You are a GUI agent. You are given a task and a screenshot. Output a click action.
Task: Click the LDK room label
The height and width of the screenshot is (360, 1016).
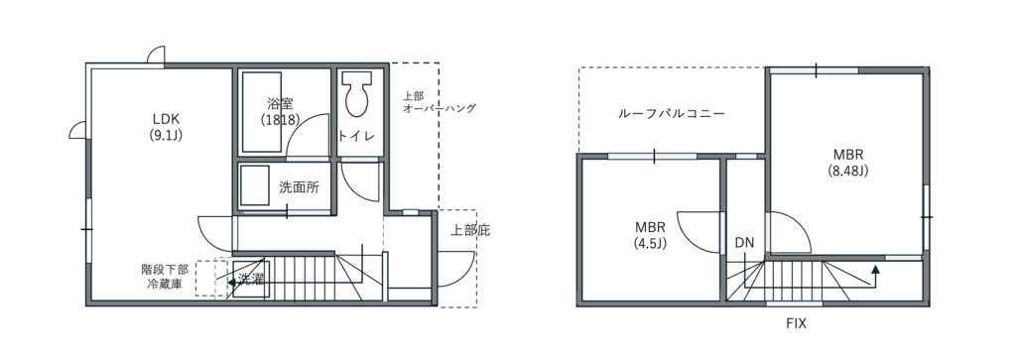coord(166,127)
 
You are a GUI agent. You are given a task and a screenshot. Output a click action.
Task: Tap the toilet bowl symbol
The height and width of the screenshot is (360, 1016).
coord(357,94)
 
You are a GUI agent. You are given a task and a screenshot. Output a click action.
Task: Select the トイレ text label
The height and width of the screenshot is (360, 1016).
coord(356,136)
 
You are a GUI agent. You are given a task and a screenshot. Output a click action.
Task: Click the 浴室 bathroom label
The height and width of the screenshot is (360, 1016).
coord(280,103)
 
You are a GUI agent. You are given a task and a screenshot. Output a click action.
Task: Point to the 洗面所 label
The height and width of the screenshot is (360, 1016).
coord(299,187)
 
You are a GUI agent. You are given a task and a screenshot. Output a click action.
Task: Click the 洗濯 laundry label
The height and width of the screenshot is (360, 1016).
coord(249,280)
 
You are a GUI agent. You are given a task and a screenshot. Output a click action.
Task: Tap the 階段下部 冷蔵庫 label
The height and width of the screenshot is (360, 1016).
coord(166,276)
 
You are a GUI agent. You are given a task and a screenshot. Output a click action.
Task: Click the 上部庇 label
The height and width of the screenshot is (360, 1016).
coord(470,230)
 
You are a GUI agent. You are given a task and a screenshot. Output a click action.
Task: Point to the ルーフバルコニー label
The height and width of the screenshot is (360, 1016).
coord(672,114)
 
